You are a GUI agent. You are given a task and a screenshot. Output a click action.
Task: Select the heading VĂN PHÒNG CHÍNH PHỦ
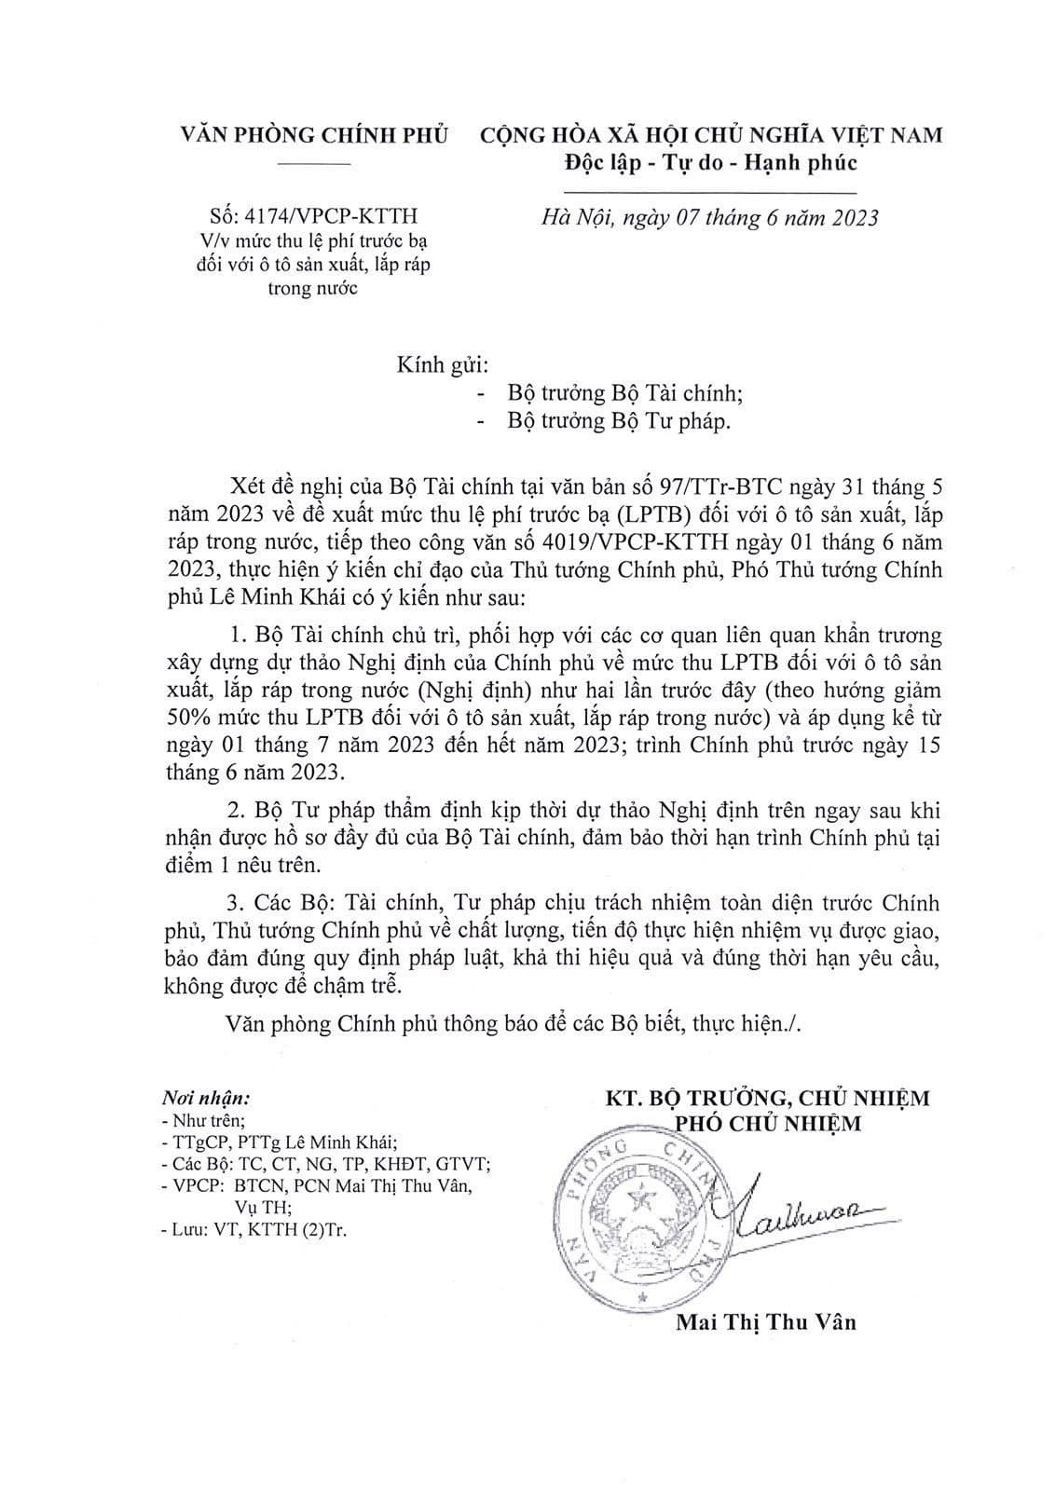315,134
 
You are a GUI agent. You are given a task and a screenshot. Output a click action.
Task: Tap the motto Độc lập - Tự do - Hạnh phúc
710,163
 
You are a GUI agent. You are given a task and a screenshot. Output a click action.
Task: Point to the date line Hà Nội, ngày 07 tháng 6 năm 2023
710,218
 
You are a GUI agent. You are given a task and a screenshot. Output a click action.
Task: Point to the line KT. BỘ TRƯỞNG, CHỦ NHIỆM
766,1098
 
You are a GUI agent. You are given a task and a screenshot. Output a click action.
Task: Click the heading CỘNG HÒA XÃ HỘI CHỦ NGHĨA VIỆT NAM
710,134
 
